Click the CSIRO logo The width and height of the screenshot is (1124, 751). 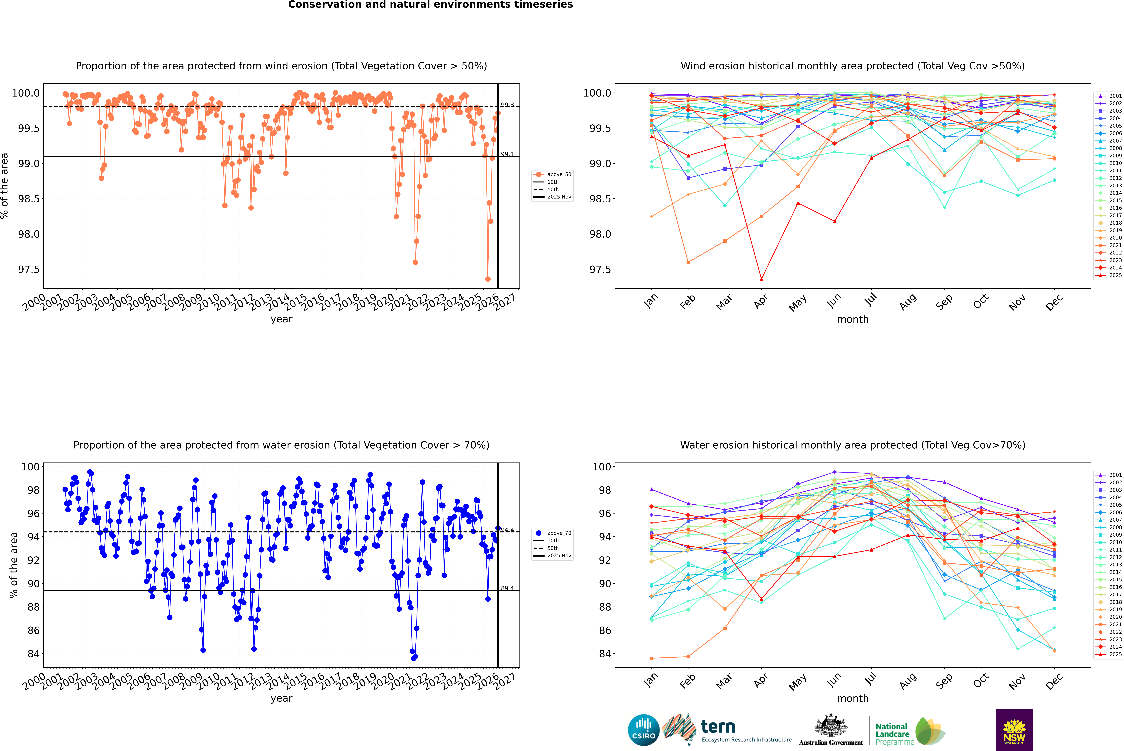pos(644,730)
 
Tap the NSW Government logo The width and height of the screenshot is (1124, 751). pos(1014,730)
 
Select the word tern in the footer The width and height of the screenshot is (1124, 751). pos(718,727)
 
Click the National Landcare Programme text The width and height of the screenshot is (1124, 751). pos(892,734)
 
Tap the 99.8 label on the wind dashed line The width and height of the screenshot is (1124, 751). pos(507,105)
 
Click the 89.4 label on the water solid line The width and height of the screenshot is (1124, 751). pos(507,588)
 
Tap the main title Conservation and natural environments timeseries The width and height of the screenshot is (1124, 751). pos(430,5)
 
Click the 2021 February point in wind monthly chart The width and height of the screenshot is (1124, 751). pos(688,262)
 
